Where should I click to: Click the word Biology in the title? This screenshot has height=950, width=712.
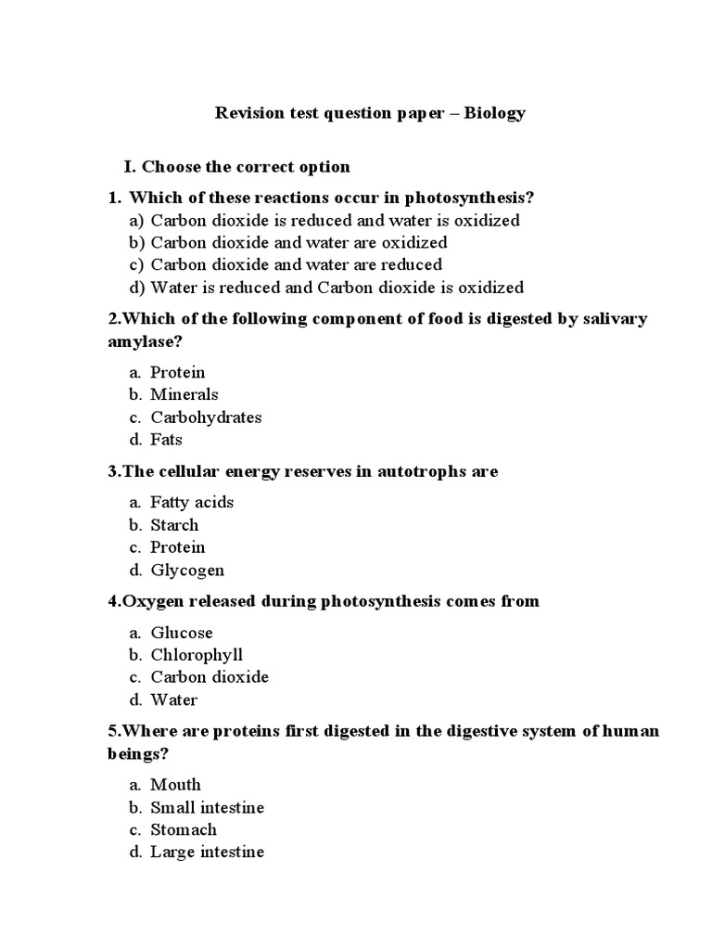pos(494,113)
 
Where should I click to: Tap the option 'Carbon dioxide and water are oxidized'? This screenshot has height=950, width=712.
pos(299,242)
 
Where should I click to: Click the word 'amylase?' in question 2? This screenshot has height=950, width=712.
pos(145,341)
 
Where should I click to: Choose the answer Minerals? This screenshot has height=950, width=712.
pos(184,394)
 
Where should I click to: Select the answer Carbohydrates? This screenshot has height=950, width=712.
pos(206,417)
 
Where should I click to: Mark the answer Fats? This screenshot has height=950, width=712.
pos(167,440)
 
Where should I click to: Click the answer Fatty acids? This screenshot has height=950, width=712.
pos(192,502)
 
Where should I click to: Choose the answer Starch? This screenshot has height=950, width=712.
pos(174,525)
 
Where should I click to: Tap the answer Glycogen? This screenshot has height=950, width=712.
pos(187,571)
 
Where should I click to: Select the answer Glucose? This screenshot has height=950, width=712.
pos(182,633)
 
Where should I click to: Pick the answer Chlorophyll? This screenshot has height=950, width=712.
pos(197,655)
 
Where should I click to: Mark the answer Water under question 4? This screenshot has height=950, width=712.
pos(174,700)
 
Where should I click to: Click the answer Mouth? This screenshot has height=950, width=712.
pos(175,785)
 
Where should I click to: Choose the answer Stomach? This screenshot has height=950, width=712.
pos(184,829)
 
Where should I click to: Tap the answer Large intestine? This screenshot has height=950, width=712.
pos(207,852)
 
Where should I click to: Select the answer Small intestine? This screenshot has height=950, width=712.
pos(207,807)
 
